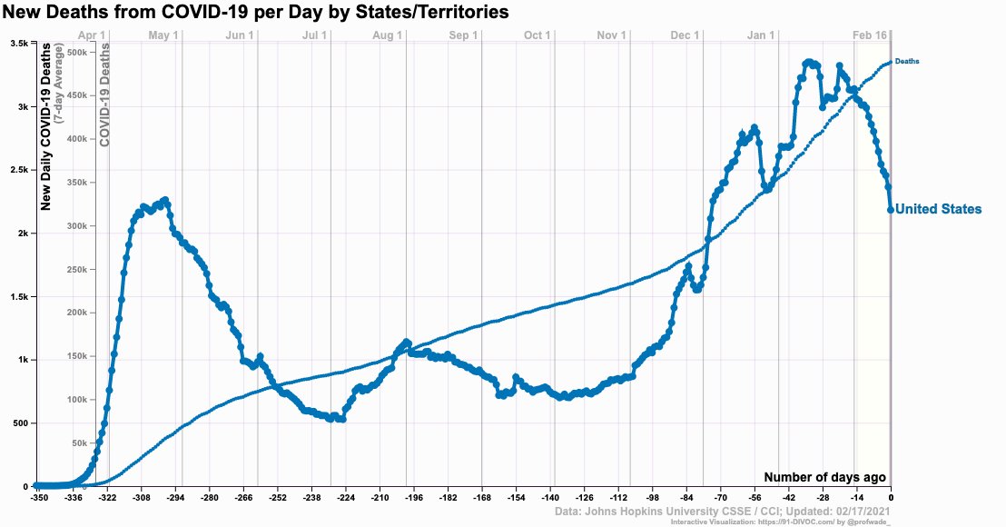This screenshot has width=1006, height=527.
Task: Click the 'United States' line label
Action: pos(938,209)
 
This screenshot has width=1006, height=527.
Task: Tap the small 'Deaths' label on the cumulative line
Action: pos(907,61)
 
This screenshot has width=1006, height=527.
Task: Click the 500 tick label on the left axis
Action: pos(20,423)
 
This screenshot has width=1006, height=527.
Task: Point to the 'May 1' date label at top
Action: pos(163,35)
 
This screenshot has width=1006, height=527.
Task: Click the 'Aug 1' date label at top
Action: pos(388,35)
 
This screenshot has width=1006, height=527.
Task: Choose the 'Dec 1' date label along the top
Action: pos(685,35)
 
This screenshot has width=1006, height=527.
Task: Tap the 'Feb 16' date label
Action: pos(869,35)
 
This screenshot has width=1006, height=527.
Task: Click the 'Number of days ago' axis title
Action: pos(824,477)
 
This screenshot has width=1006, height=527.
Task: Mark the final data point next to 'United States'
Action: pos(891,210)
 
